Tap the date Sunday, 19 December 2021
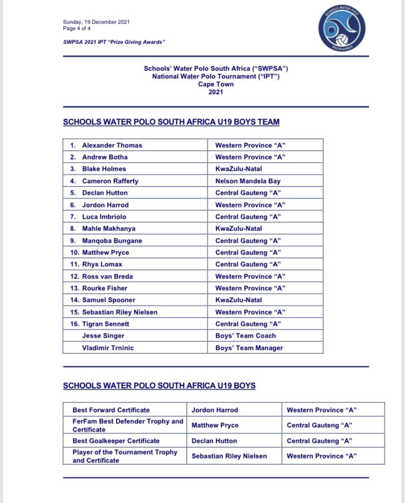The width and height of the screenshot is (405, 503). pyautogui.click(x=96, y=22)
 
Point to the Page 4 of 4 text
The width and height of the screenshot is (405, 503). pyautogui.click(x=77, y=28)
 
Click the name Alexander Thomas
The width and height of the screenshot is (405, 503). pyautogui.click(x=112, y=145)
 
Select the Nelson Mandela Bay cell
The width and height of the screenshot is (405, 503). pyautogui.click(x=248, y=181)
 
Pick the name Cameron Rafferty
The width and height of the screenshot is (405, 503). pyautogui.click(x=110, y=181)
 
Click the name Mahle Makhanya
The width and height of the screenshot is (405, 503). pyautogui.click(x=109, y=229)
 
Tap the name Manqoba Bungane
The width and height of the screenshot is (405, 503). pyautogui.click(x=112, y=241)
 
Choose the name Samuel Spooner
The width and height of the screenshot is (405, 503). pyautogui.click(x=109, y=300)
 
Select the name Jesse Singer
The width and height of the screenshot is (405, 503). pyautogui.click(x=103, y=336)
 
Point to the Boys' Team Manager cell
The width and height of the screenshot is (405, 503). pyautogui.click(x=249, y=348)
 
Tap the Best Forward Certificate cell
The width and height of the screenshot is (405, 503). pyautogui.click(x=111, y=410)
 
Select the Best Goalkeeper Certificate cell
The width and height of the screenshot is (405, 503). pyautogui.click(x=116, y=441)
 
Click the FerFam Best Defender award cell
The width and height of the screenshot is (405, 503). pyautogui.click(x=128, y=425)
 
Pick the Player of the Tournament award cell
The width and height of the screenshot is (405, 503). pyautogui.click(x=125, y=456)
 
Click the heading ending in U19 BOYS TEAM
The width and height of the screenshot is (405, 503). pyautogui.click(x=171, y=122)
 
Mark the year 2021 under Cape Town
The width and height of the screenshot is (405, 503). pyautogui.click(x=216, y=91)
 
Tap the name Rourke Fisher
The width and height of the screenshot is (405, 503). pyautogui.click(x=105, y=288)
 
